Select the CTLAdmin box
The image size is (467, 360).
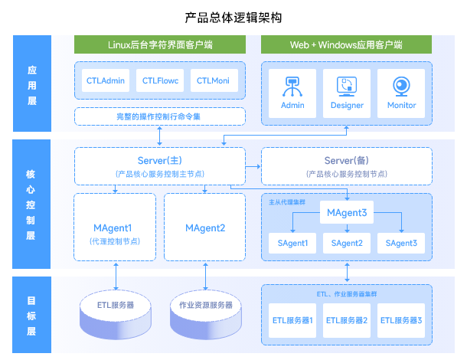[106, 80]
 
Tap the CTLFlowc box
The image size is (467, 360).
[159, 80]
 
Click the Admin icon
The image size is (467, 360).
[292, 85]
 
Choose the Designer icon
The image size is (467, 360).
[347, 85]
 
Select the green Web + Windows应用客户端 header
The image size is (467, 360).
[346, 44]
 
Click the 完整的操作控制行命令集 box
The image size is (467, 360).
[159, 116]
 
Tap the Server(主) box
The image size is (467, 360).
[159, 165]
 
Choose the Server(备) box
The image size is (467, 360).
[346, 165]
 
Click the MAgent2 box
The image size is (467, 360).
[205, 228]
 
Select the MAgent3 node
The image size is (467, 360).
[347, 212]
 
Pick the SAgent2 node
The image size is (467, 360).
[347, 243]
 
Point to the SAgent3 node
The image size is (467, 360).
[401, 243]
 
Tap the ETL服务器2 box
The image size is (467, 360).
[347, 319]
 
